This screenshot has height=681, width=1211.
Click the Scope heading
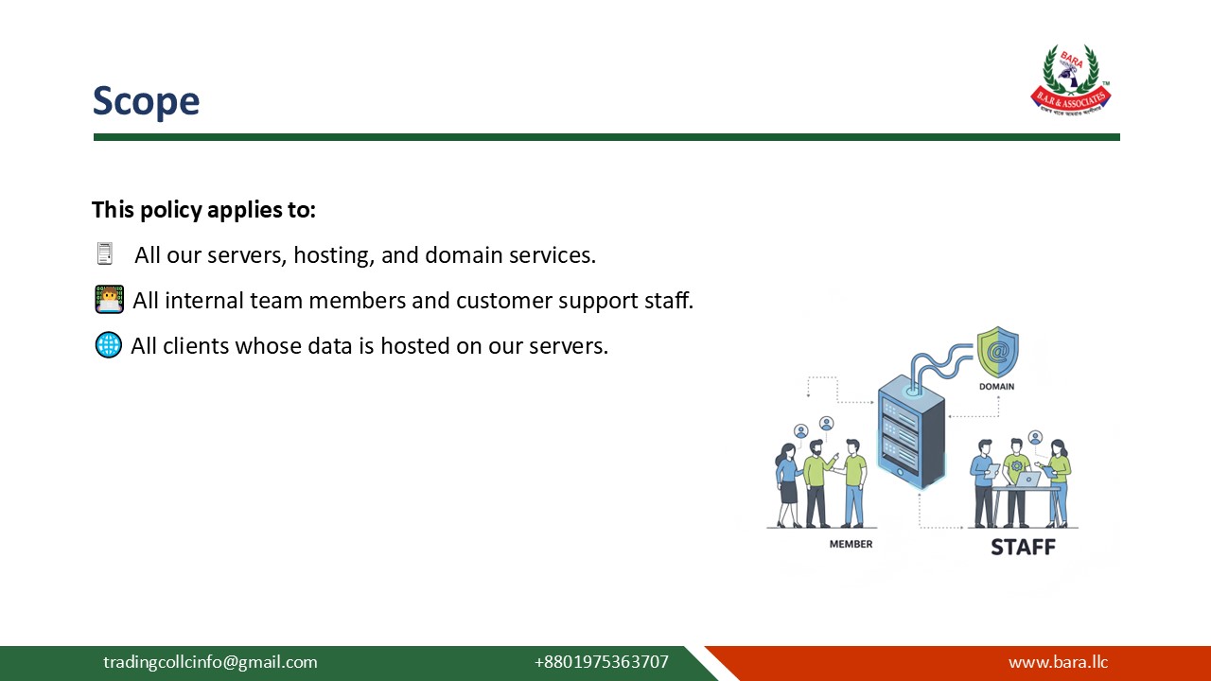[146, 101]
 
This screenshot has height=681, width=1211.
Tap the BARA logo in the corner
[1070, 80]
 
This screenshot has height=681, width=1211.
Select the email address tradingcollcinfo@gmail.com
[210, 662]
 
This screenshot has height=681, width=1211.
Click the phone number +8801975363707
[601, 662]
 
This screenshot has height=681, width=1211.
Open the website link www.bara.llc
[1058, 662]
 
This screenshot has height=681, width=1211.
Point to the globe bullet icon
[109, 345]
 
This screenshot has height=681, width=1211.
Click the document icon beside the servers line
[104, 254]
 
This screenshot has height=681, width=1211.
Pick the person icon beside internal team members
[110, 300]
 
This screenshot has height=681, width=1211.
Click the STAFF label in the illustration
[1023, 547]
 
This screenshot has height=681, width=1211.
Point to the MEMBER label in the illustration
[851, 544]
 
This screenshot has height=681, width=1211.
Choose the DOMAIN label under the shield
[996, 387]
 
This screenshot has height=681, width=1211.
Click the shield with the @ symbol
[997, 352]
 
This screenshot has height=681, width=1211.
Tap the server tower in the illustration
[911, 430]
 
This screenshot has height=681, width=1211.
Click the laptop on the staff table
[1027, 479]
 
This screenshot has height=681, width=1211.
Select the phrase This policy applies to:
[203, 210]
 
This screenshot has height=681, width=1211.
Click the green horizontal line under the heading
[605, 137]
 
